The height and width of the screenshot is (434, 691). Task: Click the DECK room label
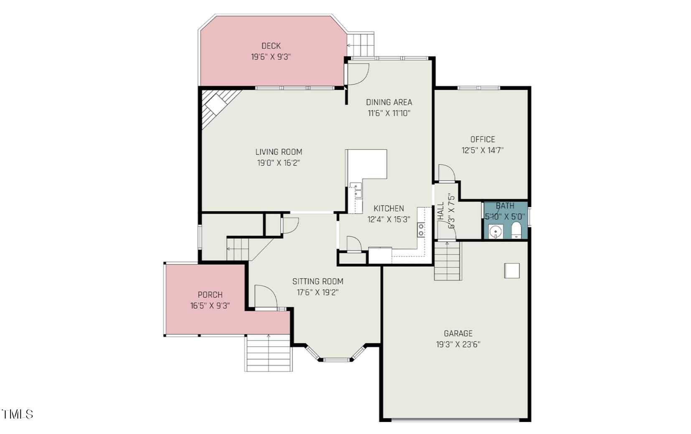(x=271, y=46)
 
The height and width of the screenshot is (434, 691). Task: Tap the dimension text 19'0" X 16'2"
(x=278, y=163)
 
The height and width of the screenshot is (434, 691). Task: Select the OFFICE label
(x=482, y=139)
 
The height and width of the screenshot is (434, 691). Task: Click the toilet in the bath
(x=516, y=230)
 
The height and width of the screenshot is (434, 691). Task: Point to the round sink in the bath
(x=495, y=231)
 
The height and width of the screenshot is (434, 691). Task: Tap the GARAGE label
(x=458, y=333)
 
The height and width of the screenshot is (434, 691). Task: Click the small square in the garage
(x=512, y=270)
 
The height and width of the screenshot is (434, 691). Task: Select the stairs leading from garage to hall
(x=447, y=261)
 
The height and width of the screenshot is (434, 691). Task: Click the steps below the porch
(x=267, y=353)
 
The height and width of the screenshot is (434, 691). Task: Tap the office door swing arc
(x=446, y=173)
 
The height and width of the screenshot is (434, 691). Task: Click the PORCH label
(x=210, y=295)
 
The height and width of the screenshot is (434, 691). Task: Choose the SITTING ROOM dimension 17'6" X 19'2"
(x=318, y=293)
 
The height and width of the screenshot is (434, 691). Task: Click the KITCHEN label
(x=389, y=208)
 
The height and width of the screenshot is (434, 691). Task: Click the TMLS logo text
(x=18, y=414)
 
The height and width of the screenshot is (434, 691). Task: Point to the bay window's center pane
(x=337, y=359)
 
